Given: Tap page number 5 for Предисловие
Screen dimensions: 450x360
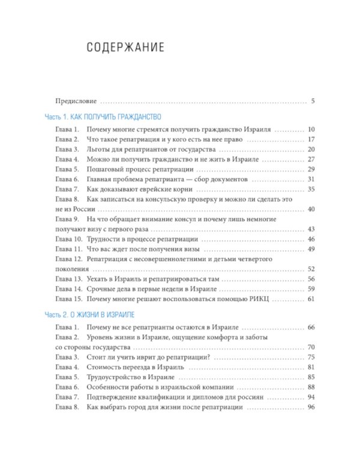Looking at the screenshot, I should click(x=313, y=101).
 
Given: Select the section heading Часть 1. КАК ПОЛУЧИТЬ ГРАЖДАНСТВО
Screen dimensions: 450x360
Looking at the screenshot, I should click(x=103, y=116).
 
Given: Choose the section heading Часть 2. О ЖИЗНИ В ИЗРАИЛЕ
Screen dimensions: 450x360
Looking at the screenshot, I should click(x=91, y=314).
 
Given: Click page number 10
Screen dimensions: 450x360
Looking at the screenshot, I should click(x=311, y=130).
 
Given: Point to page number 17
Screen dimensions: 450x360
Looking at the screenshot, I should click(x=311, y=139).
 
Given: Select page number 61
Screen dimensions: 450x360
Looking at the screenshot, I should click(x=311, y=298).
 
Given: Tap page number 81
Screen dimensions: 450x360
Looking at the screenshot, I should click(x=311, y=367).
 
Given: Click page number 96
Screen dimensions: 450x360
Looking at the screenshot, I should click(x=311, y=407).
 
